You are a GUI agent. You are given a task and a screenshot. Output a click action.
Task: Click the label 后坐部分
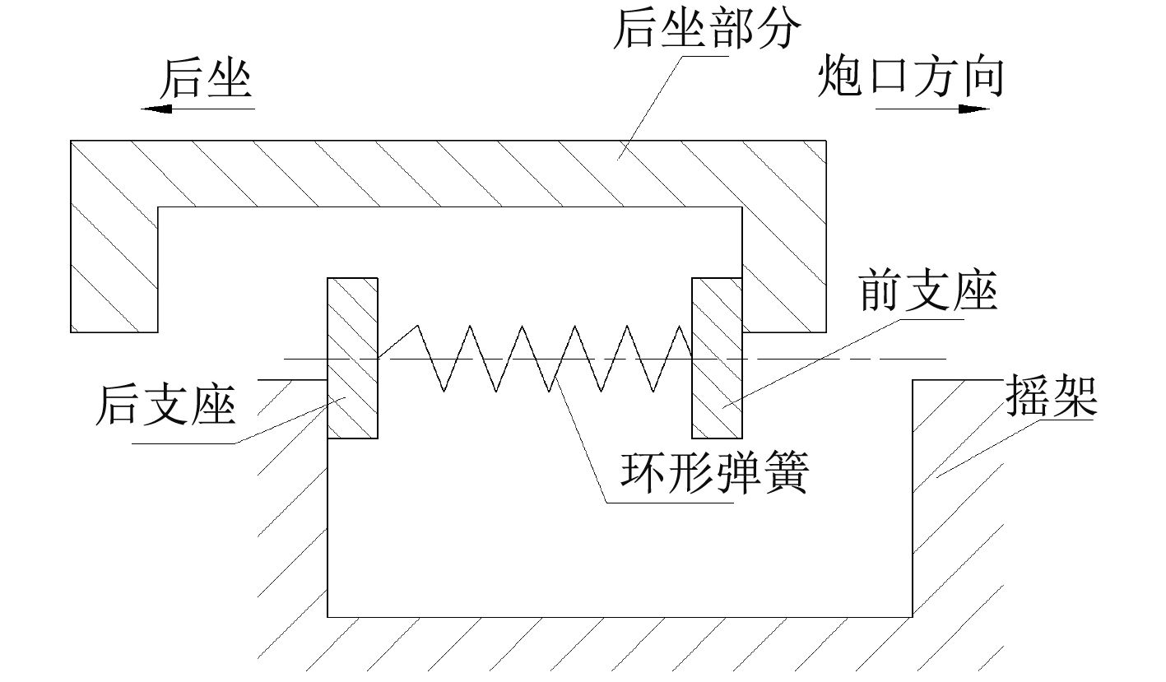coord(706,30)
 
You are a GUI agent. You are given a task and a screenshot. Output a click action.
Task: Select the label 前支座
coord(927,292)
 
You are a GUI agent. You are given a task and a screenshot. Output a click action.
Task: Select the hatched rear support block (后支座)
coord(353,358)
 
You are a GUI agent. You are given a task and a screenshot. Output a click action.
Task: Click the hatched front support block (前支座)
coord(717,358)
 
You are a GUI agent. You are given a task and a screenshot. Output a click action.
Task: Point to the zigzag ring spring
coord(535,358)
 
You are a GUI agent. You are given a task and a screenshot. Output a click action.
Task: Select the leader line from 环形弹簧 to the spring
coord(580,440)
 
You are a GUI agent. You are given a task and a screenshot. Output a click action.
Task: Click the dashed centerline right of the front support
coord(848,358)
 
